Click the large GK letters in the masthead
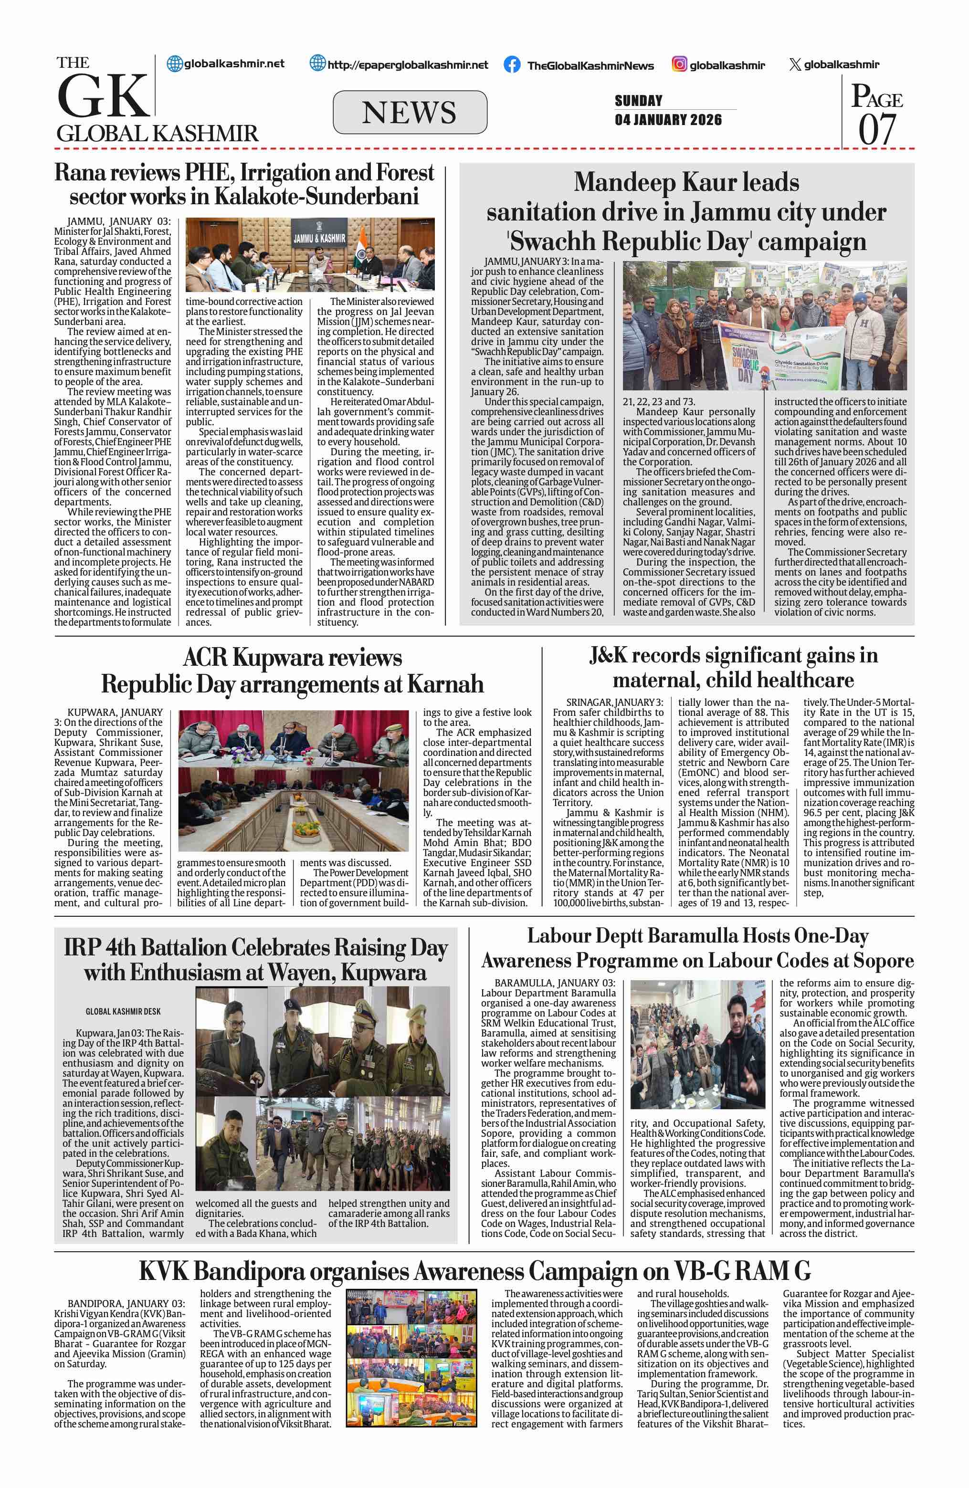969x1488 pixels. tap(103, 95)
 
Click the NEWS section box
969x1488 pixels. tap(410, 113)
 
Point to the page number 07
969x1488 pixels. tap(876, 129)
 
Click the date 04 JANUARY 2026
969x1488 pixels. tap(668, 119)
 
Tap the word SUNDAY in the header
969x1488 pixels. tap(638, 100)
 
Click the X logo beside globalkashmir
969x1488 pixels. tap(795, 64)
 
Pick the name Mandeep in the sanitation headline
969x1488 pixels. tap(626, 183)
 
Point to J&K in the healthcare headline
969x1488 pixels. tap(608, 655)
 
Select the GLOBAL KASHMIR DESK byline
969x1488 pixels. tap(123, 1011)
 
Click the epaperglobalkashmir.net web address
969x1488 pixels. tap(407, 64)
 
